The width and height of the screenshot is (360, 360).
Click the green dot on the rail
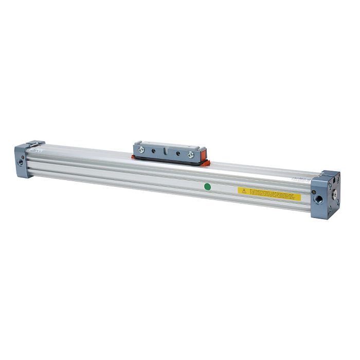(207, 186)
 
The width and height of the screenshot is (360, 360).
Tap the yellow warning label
(269, 193)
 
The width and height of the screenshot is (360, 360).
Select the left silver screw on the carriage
(140, 150)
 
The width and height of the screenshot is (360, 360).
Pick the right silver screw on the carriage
(190, 154)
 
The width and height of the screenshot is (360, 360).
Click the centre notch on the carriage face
(165, 153)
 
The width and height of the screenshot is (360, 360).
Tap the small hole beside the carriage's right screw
(178, 153)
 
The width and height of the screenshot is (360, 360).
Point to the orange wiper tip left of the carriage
(133, 157)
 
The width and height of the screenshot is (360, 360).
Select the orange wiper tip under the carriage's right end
(207, 164)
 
